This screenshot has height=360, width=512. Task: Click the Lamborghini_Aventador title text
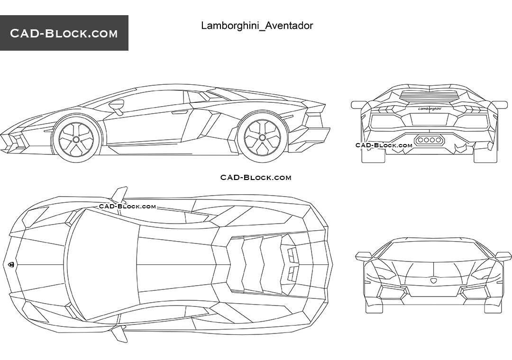257,26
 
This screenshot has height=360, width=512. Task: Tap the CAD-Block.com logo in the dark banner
64,33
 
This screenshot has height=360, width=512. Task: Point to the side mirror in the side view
116,106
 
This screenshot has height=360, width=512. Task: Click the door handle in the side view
180,112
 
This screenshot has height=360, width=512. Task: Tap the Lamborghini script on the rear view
430,108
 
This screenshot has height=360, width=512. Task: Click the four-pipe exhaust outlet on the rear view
429,140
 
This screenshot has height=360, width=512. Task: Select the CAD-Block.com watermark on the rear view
384,145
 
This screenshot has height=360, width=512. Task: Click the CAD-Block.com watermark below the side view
256,178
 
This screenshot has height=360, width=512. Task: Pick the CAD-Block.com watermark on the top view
128,207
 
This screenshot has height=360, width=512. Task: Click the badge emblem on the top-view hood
10,264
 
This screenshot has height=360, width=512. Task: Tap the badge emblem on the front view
433,281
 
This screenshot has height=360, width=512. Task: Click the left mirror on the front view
364,256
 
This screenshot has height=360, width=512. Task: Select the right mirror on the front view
503,256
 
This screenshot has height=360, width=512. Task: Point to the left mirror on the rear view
358,105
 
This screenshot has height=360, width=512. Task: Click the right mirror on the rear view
500,105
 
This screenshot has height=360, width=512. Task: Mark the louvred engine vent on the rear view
430,96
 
